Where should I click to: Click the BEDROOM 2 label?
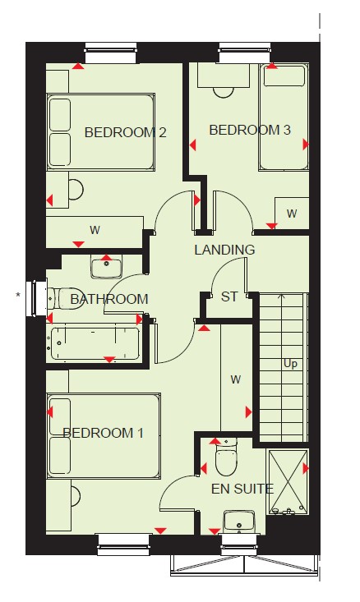click(x=125, y=132)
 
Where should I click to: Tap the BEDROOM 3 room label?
click(x=250, y=130)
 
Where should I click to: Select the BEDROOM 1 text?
click(x=103, y=433)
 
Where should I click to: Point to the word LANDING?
click(x=224, y=250)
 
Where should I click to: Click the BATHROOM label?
click(x=109, y=299)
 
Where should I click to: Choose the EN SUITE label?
click(x=242, y=489)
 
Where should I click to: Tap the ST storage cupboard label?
click(x=229, y=296)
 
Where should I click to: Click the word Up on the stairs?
click(x=290, y=364)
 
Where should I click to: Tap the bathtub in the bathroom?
click(x=95, y=343)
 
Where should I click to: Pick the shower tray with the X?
click(x=288, y=482)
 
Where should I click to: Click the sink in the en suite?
click(x=239, y=522)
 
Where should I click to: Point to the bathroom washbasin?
click(x=106, y=266)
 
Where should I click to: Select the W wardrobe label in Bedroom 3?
click(x=292, y=214)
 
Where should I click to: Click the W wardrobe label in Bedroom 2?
click(x=95, y=230)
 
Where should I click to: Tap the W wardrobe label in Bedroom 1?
click(x=236, y=379)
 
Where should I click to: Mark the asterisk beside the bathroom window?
click(x=18, y=295)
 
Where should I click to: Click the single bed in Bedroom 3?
click(x=284, y=117)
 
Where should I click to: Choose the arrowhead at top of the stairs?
click(x=282, y=296)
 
